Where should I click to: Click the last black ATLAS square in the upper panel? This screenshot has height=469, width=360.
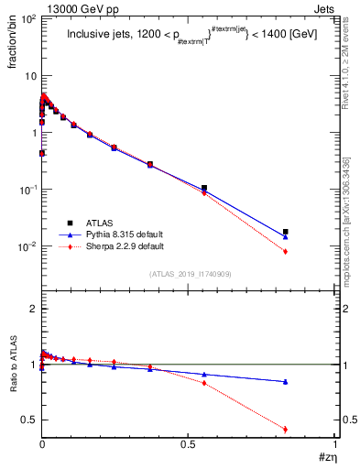(x=286, y=232)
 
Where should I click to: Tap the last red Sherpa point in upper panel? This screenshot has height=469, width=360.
(x=286, y=251)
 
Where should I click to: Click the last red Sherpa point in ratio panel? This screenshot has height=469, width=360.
(x=286, y=429)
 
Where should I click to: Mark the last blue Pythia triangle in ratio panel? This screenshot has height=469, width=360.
(x=286, y=381)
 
